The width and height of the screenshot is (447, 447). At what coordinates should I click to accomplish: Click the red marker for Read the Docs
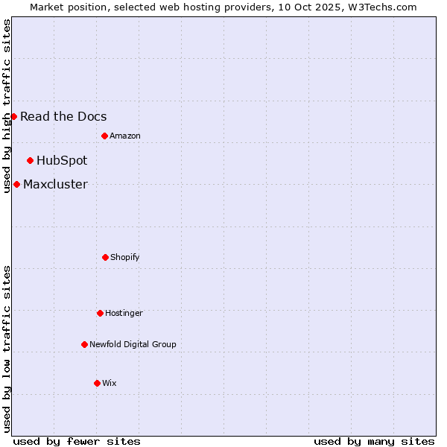tap(13, 116)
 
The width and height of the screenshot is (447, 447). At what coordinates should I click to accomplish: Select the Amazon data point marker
tap(104, 136)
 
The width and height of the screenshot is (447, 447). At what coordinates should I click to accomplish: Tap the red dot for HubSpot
tap(30, 160)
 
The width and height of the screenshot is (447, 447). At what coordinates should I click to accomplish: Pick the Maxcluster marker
tap(16, 184)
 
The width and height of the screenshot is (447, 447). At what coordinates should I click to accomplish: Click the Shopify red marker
tap(105, 257)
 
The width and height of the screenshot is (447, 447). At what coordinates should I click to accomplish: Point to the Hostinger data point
tap(100, 313)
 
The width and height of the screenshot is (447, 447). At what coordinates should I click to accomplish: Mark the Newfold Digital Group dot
tap(84, 344)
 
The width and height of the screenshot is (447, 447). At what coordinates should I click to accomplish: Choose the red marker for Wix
tap(97, 383)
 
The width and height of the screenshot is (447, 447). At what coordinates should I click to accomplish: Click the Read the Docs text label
tap(63, 116)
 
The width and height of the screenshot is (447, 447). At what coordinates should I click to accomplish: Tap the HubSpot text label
tap(62, 160)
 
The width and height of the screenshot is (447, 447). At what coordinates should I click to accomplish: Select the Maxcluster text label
tap(55, 184)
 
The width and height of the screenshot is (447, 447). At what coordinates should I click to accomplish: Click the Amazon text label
tap(125, 136)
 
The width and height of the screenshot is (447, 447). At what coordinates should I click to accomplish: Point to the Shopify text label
tap(125, 257)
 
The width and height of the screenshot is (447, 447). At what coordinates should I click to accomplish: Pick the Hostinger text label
tap(124, 313)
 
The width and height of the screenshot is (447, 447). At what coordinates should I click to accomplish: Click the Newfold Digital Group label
tap(133, 344)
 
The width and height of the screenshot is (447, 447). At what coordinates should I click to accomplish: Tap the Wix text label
tap(110, 383)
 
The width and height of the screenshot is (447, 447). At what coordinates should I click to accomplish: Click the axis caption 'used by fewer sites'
tap(77, 441)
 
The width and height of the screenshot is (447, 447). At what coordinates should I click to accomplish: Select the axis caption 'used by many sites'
tap(374, 441)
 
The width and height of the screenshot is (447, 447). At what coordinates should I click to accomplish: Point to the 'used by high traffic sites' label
tap(7, 106)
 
